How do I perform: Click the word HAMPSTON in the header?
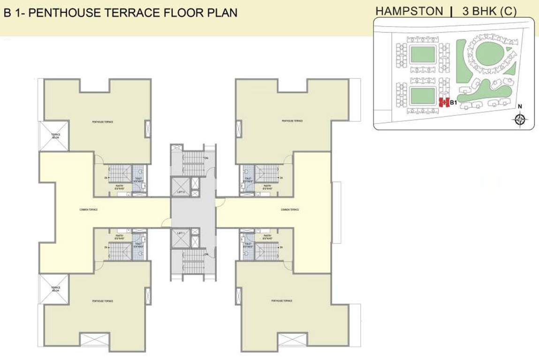coord(409,12)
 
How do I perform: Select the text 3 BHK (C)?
coord(489,12)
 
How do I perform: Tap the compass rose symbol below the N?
coord(519,120)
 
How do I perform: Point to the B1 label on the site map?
coord(453,102)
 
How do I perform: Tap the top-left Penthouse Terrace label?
coord(102,122)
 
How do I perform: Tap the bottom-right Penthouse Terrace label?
coord(282,301)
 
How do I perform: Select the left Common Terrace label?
coord(89,210)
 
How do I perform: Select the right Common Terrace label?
coord(289,210)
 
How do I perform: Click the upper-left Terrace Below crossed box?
coord(56,136)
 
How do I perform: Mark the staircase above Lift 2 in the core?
coord(193,162)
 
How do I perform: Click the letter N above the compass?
coord(519,107)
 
